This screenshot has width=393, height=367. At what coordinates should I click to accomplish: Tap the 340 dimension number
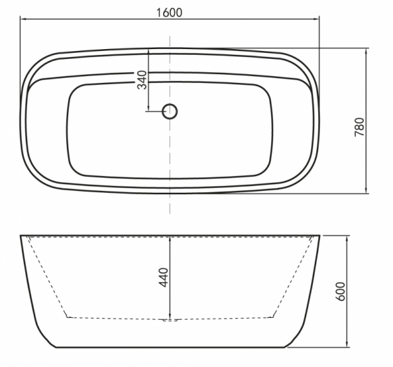click(142, 80)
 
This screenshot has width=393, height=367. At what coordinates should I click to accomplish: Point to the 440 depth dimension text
click(164, 277)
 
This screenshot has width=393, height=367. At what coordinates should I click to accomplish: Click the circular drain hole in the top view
click(170, 111)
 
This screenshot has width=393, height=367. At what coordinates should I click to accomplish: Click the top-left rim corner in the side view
click(20, 235)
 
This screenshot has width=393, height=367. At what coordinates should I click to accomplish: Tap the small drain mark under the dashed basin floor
click(170, 321)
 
